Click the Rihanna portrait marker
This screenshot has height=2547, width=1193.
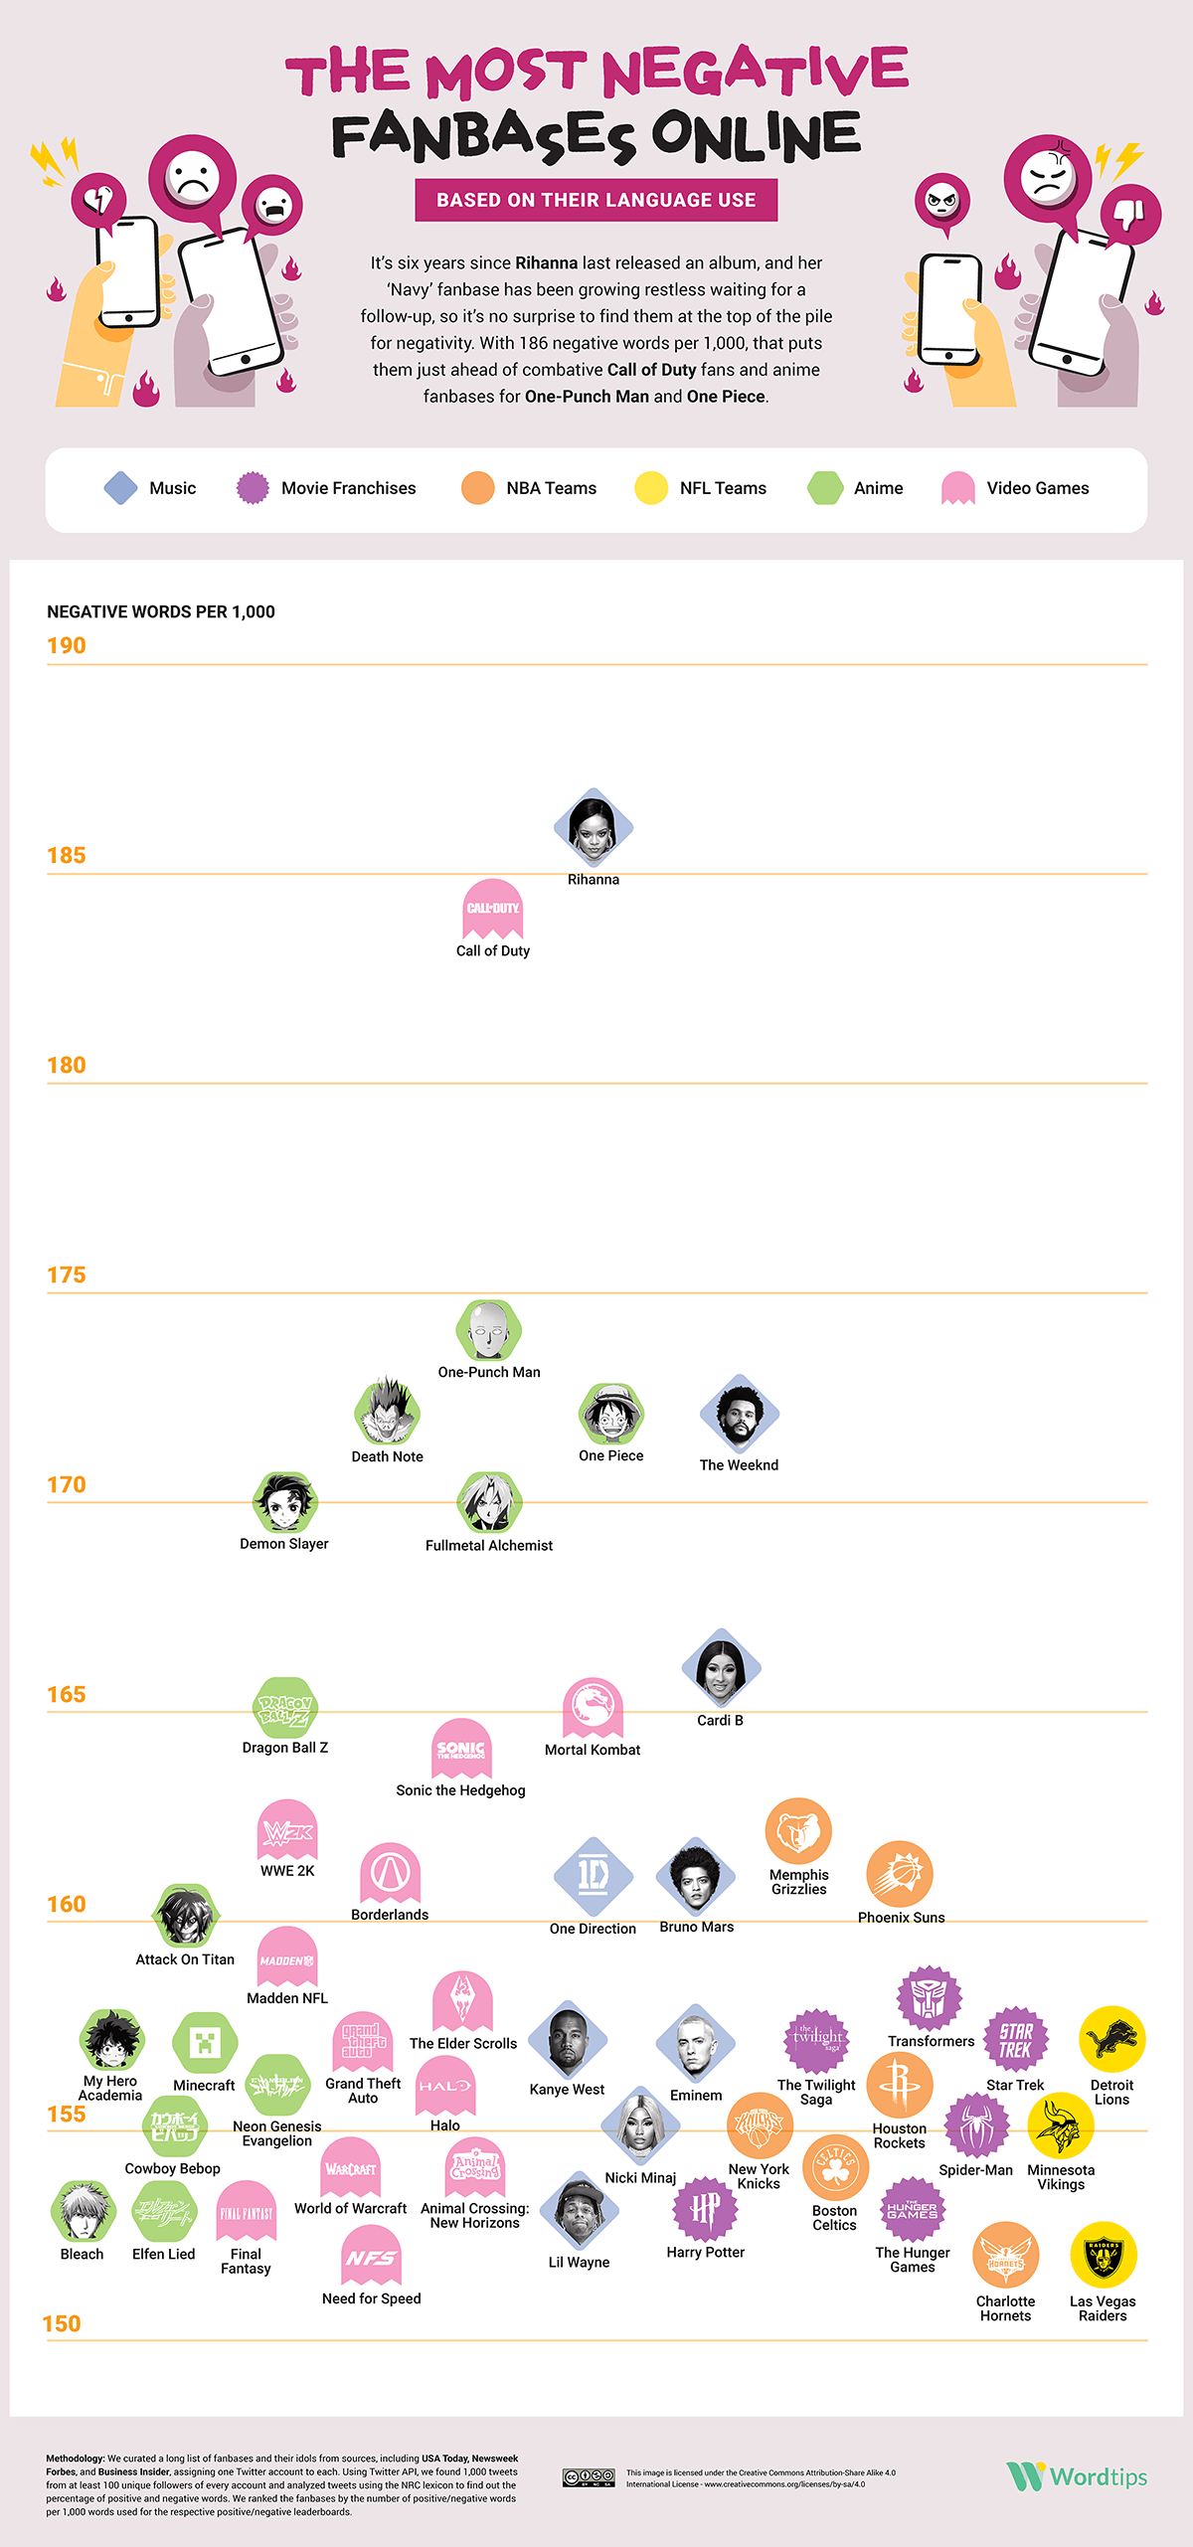pos(594,827)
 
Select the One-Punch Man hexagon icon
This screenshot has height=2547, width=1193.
pos(489,1330)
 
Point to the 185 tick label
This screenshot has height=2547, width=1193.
pos(67,855)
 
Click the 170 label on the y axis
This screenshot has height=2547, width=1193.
pos(67,1484)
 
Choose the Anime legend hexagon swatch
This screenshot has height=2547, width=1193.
pos(825,488)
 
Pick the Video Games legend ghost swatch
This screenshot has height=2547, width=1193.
pos(957,488)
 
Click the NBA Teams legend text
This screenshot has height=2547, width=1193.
pos(551,488)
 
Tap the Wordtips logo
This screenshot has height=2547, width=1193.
pos(1077,2475)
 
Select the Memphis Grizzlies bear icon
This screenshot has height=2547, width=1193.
pos(798,1831)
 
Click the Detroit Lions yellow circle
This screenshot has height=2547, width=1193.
pos(1112,2039)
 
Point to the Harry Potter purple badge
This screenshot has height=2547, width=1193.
pos(706,2209)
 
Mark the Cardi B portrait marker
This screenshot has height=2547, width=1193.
pos(721,1668)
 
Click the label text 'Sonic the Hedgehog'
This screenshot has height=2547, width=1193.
pos(460,1790)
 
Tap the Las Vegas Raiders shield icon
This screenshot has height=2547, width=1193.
pos(1104,2255)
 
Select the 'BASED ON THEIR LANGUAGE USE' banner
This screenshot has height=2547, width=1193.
pos(596,200)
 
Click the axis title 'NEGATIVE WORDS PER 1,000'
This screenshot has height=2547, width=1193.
pos(161,612)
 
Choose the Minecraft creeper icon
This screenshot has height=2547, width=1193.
pos(205,2043)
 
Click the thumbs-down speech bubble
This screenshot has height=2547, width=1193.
pos(1131,214)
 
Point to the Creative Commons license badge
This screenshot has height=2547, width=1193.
pos(589,2477)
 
